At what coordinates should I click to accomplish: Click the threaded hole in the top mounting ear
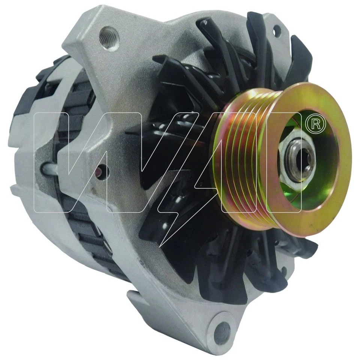point(109,38)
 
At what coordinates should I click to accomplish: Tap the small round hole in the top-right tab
point(277,30)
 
